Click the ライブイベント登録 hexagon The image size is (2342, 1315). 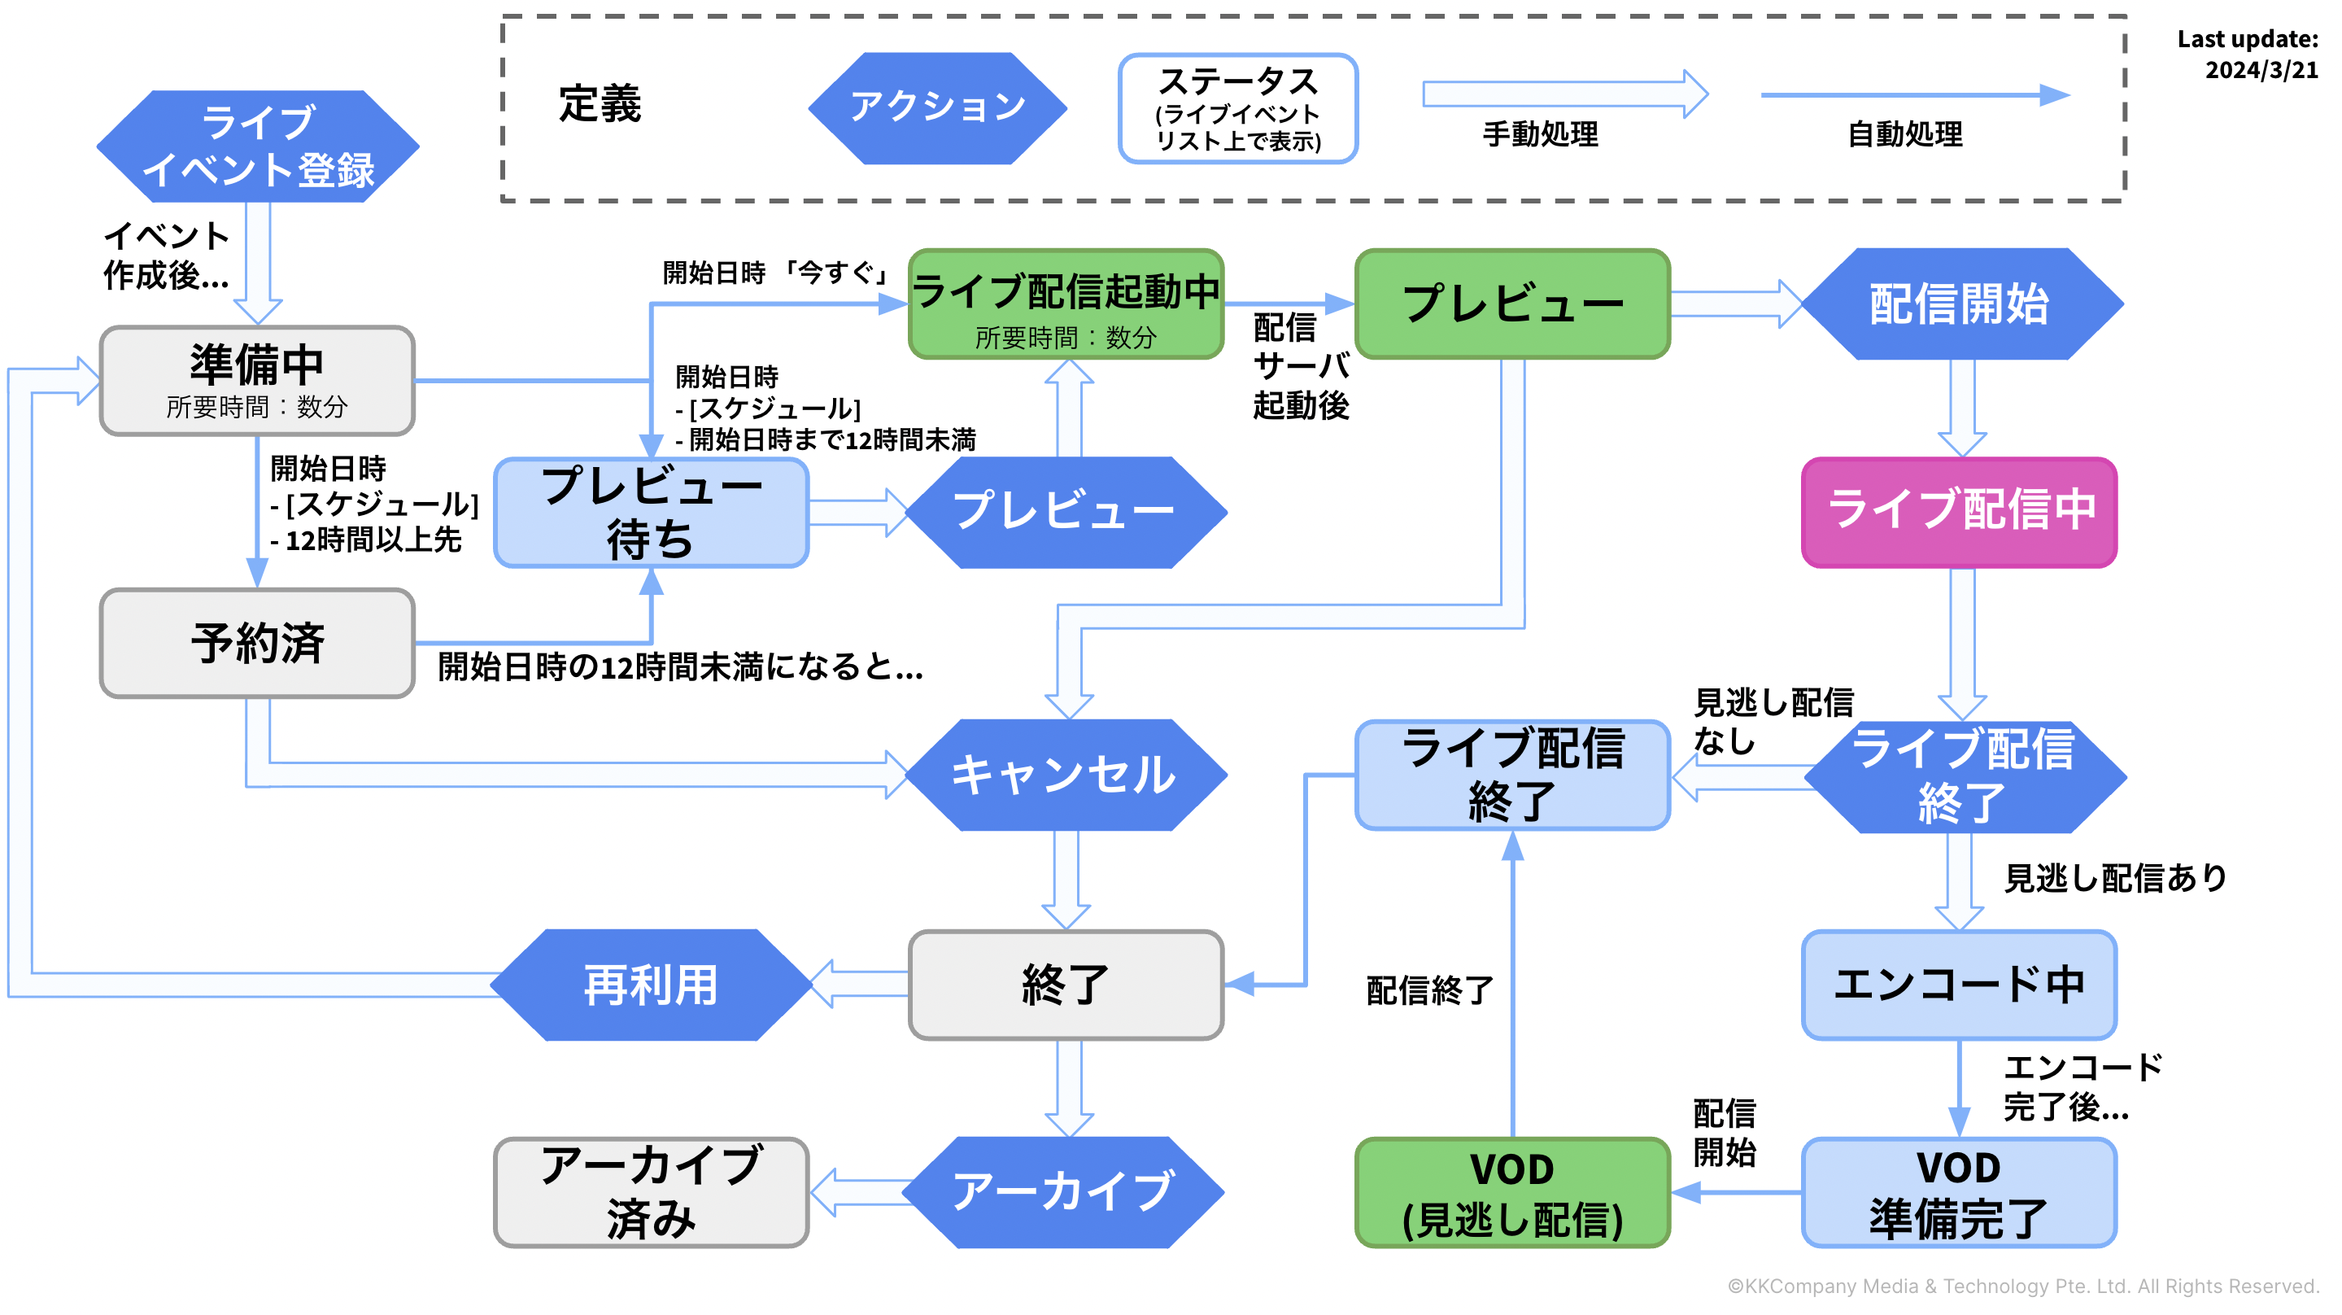[257, 146]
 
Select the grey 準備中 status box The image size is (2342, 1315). [257, 380]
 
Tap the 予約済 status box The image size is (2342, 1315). [257, 643]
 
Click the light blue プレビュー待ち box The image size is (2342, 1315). [651, 513]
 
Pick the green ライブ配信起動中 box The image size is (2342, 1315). [1066, 304]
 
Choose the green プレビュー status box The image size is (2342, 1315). [1512, 304]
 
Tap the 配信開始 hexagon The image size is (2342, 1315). [1961, 304]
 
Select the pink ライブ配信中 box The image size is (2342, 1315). [1959, 512]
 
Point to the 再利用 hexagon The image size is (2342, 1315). [651, 985]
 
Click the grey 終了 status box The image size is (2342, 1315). [1066, 985]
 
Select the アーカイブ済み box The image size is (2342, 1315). [651, 1192]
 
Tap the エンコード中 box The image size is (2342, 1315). [1959, 985]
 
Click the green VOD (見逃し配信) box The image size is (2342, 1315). [1512, 1192]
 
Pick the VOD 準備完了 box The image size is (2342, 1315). [1959, 1192]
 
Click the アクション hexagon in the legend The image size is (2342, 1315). [937, 107]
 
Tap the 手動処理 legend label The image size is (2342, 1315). [1540, 134]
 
